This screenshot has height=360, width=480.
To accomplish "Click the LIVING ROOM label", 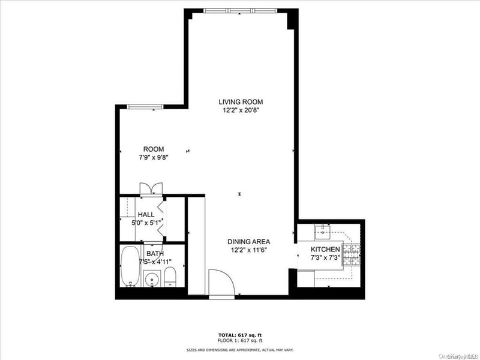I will pyautogui.click(x=241, y=102).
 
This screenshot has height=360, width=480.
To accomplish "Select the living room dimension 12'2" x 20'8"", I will pyautogui.click(x=241, y=110).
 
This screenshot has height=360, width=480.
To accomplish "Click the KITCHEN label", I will pyautogui.click(x=325, y=249).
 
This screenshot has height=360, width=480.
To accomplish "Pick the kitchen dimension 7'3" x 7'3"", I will pyautogui.click(x=325, y=257).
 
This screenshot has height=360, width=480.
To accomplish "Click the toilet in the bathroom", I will pyautogui.click(x=170, y=278).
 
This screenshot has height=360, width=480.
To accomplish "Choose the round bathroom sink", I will pyautogui.click(x=151, y=279).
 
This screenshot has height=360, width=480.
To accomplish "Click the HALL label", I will pyautogui.click(x=146, y=214).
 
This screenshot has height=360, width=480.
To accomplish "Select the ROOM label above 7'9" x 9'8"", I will pyautogui.click(x=153, y=149).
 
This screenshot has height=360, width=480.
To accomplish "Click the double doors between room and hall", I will pyautogui.click(x=149, y=188).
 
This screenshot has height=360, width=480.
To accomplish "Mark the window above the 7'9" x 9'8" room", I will pyautogui.click(x=146, y=107).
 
